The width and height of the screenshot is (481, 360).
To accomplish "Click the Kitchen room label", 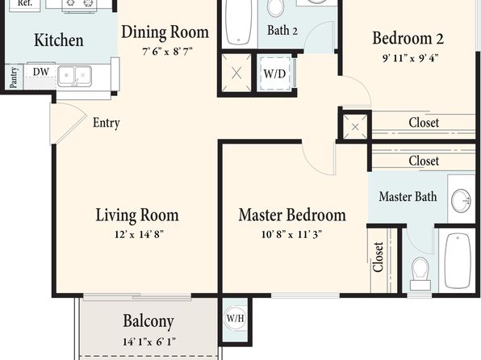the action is [x=59, y=40].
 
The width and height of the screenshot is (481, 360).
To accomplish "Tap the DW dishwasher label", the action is [x=41, y=72].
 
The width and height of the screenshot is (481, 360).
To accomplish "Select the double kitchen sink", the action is [x=74, y=76].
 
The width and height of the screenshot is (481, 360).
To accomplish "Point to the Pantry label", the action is [x=14, y=77].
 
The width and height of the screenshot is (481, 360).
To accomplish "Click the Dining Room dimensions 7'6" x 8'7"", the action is [x=167, y=51].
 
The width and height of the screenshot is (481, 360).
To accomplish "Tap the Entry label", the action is [x=107, y=123].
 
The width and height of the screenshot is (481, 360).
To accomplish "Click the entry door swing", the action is [x=68, y=123].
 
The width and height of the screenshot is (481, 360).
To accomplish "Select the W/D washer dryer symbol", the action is [x=275, y=73].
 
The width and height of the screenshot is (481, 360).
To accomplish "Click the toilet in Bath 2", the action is [x=275, y=7].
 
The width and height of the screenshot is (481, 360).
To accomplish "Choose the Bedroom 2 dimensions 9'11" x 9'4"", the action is [x=410, y=58].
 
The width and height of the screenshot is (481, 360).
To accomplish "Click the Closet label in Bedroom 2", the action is [x=424, y=123].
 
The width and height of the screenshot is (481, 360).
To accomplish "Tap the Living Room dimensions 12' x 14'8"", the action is [x=139, y=235].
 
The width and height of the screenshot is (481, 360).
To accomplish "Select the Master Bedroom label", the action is [x=292, y=216].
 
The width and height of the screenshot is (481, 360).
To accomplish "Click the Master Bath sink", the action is [x=461, y=201].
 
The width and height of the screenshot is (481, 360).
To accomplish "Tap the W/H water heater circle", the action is [x=235, y=318].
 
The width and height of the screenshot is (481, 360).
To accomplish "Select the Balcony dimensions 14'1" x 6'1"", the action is [x=149, y=341].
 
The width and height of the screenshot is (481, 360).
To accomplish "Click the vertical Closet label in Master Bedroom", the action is [x=378, y=257].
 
